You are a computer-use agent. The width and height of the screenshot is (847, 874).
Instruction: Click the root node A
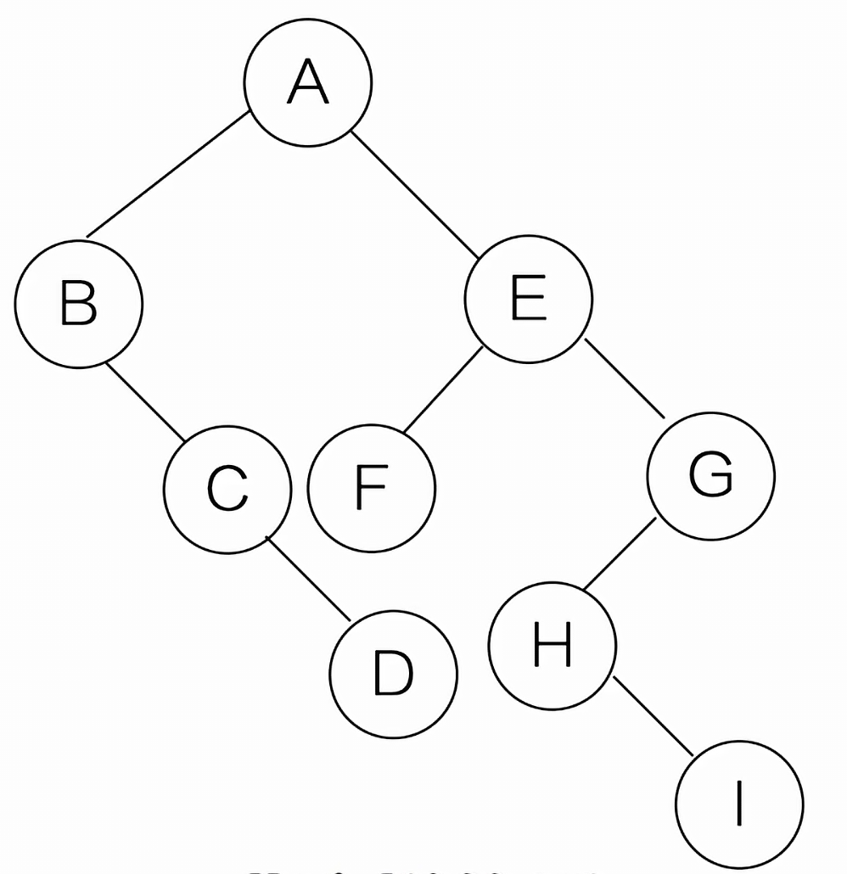click(x=307, y=81)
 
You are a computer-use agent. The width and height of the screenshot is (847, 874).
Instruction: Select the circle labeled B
click(x=78, y=304)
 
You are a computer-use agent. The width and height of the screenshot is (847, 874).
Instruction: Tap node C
click(x=227, y=489)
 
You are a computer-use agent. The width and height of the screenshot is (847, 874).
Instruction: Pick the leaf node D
click(x=393, y=674)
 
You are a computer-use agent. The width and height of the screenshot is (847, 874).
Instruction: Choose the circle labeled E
click(x=528, y=299)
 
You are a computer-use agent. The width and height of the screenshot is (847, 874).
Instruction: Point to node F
click(x=372, y=489)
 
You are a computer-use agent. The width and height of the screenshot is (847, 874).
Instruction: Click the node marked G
click(x=711, y=475)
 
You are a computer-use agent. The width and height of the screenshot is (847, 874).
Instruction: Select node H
click(x=553, y=645)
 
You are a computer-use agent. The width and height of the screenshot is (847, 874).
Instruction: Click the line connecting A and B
click(x=167, y=174)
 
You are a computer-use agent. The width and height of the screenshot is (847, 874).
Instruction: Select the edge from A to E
click(x=416, y=193)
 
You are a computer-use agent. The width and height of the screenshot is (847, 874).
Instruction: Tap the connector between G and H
click(x=620, y=553)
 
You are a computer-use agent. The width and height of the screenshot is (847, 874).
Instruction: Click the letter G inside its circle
click(x=711, y=475)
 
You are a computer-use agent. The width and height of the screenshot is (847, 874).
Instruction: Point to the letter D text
click(x=393, y=674)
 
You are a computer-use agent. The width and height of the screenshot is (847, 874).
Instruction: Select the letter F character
click(x=372, y=489)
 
